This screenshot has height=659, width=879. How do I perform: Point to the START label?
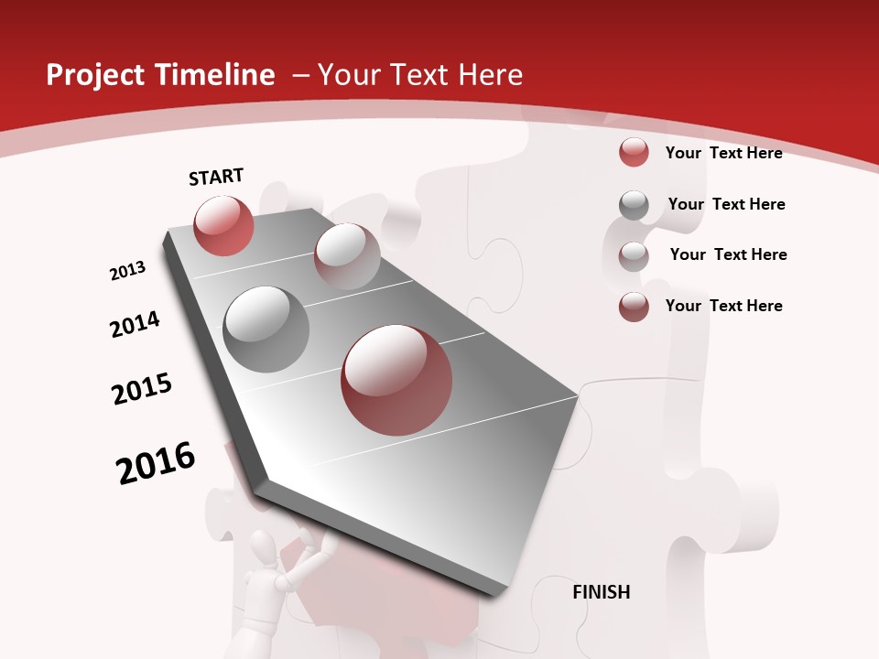[x=216, y=177]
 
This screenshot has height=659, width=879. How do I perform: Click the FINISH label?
[x=602, y=592]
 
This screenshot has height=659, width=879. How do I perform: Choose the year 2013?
[x=127, y=271]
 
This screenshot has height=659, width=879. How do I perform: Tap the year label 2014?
[x=135, y=324]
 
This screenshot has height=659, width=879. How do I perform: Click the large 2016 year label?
[x=156, y=463]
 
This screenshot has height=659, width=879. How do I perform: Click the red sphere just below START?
[x=223, y=225]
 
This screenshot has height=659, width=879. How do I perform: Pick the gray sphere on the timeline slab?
[x=266, y=329]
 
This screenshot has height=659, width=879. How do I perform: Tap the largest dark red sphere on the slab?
[x=396, y=380]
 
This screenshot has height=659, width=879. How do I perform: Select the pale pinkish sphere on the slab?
[x=347, y=256]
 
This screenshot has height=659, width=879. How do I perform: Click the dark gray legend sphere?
[x=634, y=205]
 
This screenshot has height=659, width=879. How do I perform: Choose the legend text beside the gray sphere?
[x=726, y=204]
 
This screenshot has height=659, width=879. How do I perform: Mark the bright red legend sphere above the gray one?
[x=634, y=152]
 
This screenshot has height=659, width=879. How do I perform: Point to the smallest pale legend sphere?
[x=634, y=255]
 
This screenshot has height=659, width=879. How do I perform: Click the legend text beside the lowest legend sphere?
[x=723, y=306]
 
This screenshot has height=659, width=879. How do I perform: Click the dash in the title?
[x=300, y=75]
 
